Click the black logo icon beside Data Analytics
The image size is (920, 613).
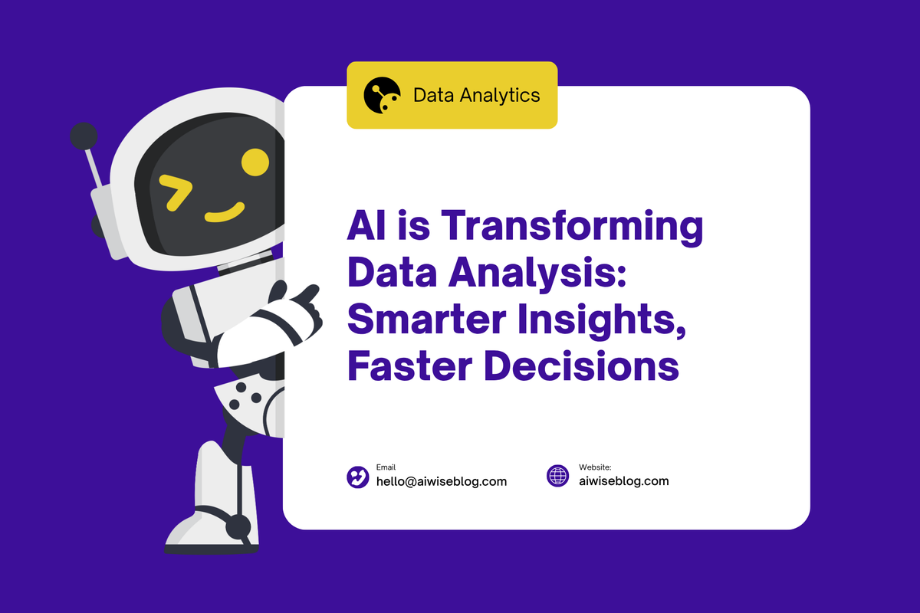[x=382, y=95]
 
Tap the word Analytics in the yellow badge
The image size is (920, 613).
[x=499, y=96]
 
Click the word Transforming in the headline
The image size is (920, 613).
[x=572, y=226]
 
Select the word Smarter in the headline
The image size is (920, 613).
[x=427, y=320]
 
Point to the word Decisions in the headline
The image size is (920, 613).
[x=582, y=366]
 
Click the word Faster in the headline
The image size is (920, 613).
[x=410, y=366]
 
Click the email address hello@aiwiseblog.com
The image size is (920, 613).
[x=442, y=481]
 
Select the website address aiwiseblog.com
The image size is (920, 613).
[x=624, y=480]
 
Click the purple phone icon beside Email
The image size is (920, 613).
[x=358, y=477]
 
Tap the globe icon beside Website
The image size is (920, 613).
[x=558, y=476]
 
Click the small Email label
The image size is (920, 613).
[x=386, y=467]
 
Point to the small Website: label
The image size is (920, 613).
[x=595, y=467]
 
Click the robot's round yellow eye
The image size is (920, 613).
[x=255, y=162]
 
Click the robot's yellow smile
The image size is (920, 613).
[x=225, y=212]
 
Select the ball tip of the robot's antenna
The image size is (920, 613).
[x=84, y=136]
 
